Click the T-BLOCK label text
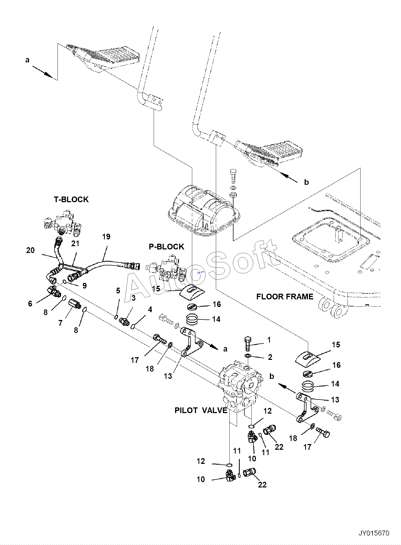(x=71, y=199)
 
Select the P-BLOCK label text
(x=166, y=246)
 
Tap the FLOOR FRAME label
(x=285, y=296)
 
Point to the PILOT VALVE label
(x=201, y=410)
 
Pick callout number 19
(x=106, y=237)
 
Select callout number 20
(x=30, y=250)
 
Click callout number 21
(x=75, y=244)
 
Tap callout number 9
(x=84, y=286)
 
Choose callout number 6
(x=30, y=304)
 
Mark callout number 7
(x=60, y=323)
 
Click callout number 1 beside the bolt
(x=269, y=340)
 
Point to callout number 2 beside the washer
(x=270, y=357)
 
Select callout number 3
(x=133, y=298)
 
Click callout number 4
(x=150, y=309)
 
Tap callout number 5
(x=118, y=291)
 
